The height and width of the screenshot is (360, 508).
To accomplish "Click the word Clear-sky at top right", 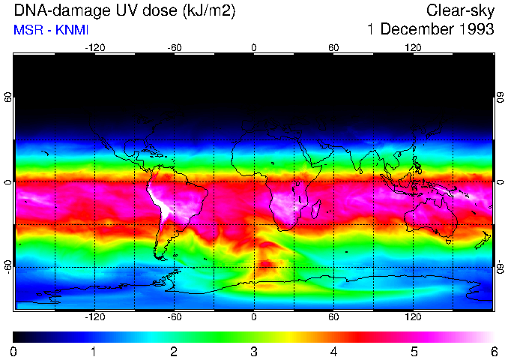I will (460, 10).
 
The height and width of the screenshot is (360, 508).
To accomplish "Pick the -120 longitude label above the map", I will (94, 47).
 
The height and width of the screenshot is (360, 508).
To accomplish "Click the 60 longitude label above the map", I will (333, 47).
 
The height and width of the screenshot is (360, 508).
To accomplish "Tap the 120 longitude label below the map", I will (413, 317).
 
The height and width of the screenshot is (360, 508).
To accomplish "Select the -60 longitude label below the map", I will (175, 317).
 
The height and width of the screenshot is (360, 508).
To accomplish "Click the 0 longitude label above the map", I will (254, 47).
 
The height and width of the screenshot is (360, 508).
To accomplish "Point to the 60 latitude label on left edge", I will (8, 97).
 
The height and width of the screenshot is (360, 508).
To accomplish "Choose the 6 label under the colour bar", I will (494, 351).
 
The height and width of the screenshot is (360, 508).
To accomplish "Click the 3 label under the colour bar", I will (254, 351).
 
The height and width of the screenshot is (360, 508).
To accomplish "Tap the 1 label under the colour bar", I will (94, 351).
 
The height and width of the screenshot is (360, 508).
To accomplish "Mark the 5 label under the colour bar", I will (414, 351).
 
